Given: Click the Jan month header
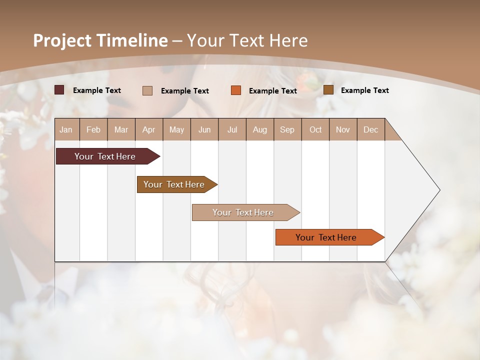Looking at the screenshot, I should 66,129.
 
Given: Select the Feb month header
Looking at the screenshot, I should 93,129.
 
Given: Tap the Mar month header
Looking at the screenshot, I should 121,129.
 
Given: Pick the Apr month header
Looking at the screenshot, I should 148,129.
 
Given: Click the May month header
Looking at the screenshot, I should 176,129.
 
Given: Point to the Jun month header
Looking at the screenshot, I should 204,129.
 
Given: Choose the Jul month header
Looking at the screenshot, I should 232,129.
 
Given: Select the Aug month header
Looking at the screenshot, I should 259,129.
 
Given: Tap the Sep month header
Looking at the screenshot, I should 287,129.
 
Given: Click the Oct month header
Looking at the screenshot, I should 315,129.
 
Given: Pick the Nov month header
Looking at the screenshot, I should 343,129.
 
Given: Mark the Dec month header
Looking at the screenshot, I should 370,129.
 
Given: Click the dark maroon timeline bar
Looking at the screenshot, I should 105,156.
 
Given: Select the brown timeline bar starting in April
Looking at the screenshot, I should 174,184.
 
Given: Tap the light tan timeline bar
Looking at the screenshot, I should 243,212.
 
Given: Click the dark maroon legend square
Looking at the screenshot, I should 59,90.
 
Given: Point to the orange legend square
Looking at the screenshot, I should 236,90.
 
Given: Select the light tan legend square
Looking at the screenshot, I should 147,90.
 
